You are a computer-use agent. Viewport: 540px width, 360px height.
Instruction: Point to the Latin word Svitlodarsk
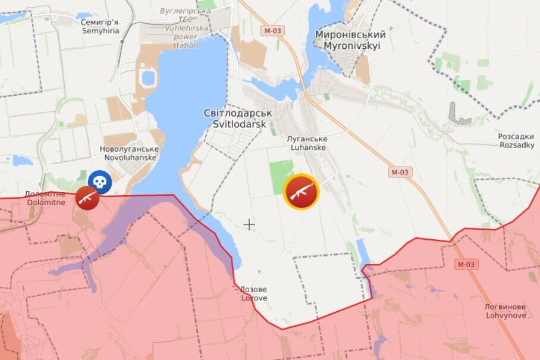[238, 124]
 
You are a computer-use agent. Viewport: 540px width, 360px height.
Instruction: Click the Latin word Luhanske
[307, 147]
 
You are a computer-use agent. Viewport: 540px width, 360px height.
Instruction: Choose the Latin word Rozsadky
[516, 145]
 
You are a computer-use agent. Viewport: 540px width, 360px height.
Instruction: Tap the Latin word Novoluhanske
[130, 158]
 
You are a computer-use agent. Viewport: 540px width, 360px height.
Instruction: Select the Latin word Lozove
[254, 298]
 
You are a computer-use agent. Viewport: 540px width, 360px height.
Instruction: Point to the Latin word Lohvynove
[506, 315]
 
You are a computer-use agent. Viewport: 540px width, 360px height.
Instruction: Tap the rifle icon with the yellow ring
[302, 192]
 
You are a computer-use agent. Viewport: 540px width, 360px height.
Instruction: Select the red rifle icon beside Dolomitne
[87, 197]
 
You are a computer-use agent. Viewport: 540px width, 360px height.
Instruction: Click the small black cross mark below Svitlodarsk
[249, 224]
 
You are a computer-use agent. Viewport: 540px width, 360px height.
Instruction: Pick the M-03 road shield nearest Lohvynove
[467, 264]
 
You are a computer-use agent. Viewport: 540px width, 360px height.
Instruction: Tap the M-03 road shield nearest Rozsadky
[401, 172]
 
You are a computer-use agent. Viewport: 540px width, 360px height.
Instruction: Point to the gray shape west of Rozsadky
[457, 114]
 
